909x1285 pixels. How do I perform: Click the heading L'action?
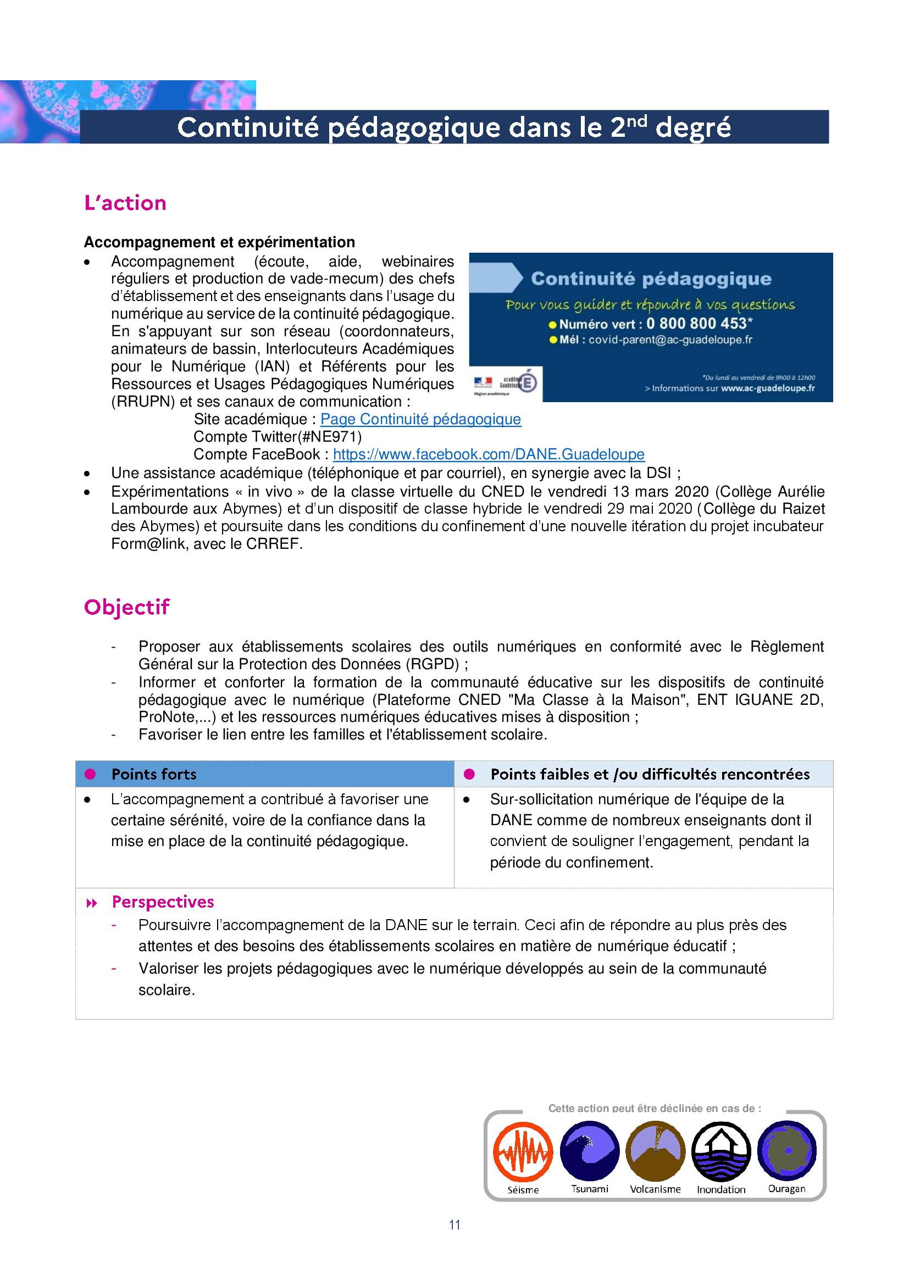(125, 203)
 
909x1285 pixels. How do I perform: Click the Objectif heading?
(126, 607)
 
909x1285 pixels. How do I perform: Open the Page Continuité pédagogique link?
(420, 419)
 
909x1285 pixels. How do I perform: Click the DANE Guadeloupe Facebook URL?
(489, 454)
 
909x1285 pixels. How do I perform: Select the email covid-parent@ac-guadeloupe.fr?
(670, 340)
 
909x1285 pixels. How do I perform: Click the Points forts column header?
(154, 775)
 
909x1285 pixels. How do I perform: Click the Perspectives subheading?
(163, 902)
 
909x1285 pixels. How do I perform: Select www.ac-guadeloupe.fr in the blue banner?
(768, 388)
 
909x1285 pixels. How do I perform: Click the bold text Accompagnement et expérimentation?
(219, 242)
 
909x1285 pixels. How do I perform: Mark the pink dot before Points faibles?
(469, 774)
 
